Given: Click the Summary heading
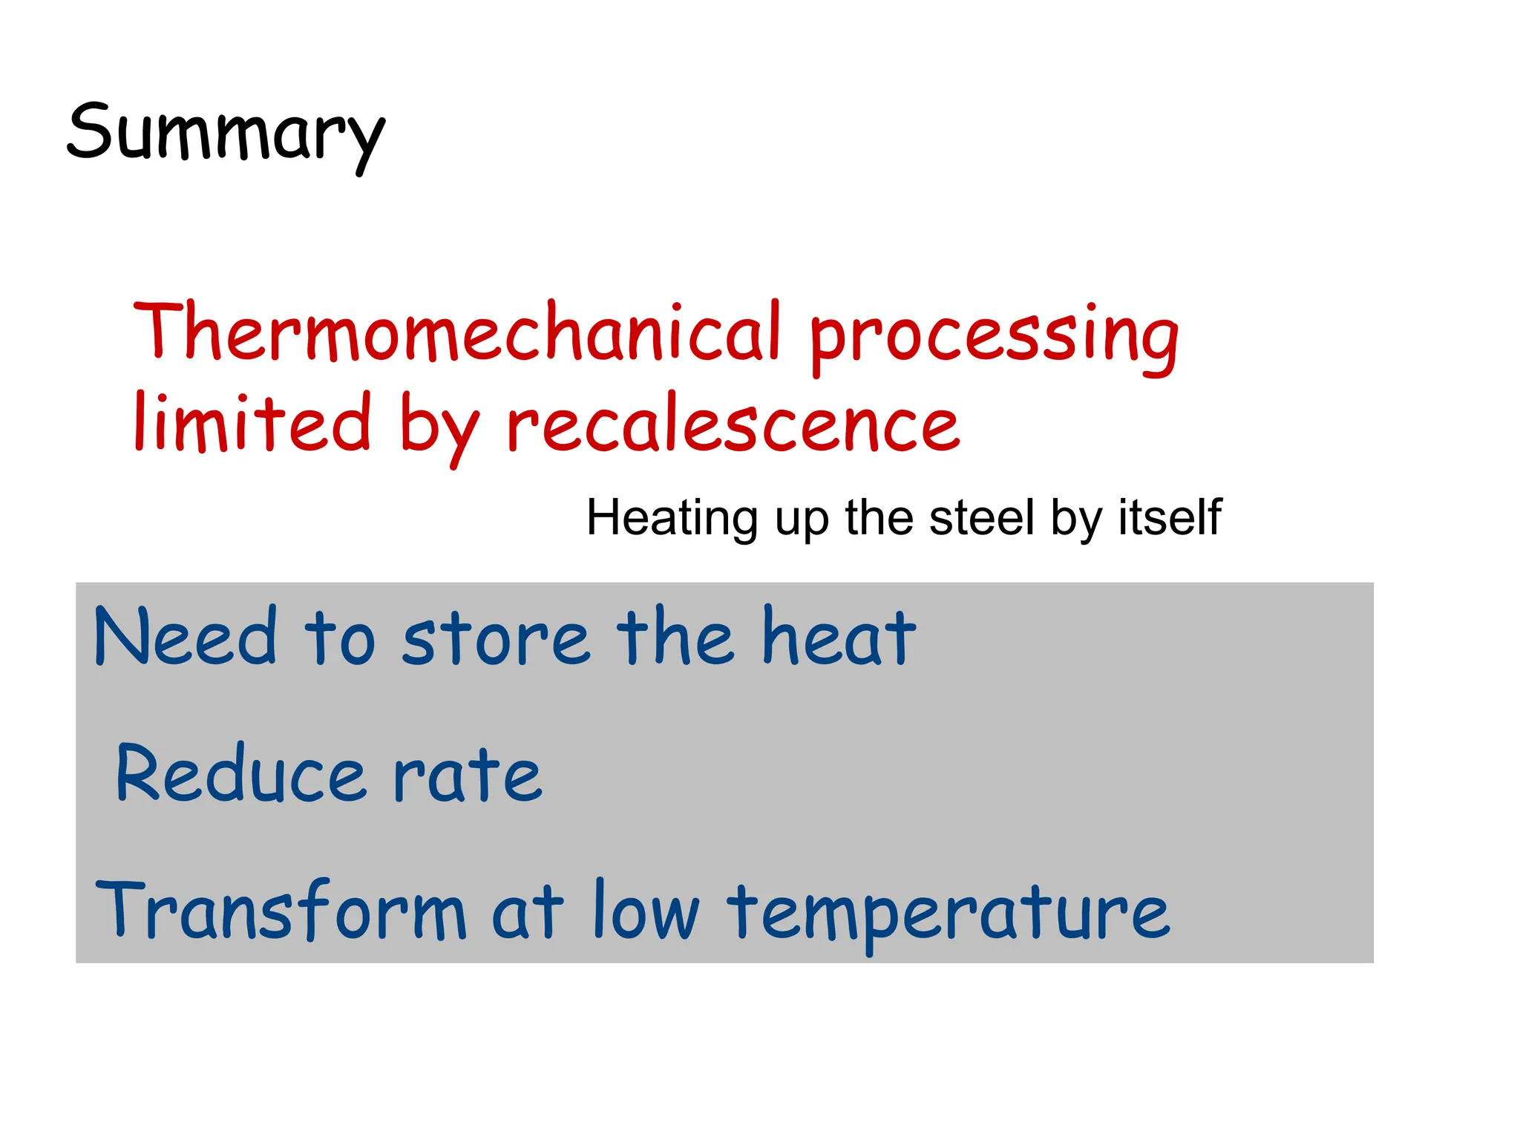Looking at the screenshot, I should [226, 134].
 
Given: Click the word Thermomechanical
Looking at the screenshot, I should [456, 332].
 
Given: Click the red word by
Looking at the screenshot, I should [439, 427].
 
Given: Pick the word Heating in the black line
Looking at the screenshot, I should [672, 517].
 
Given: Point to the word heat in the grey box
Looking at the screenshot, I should [839, 637].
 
